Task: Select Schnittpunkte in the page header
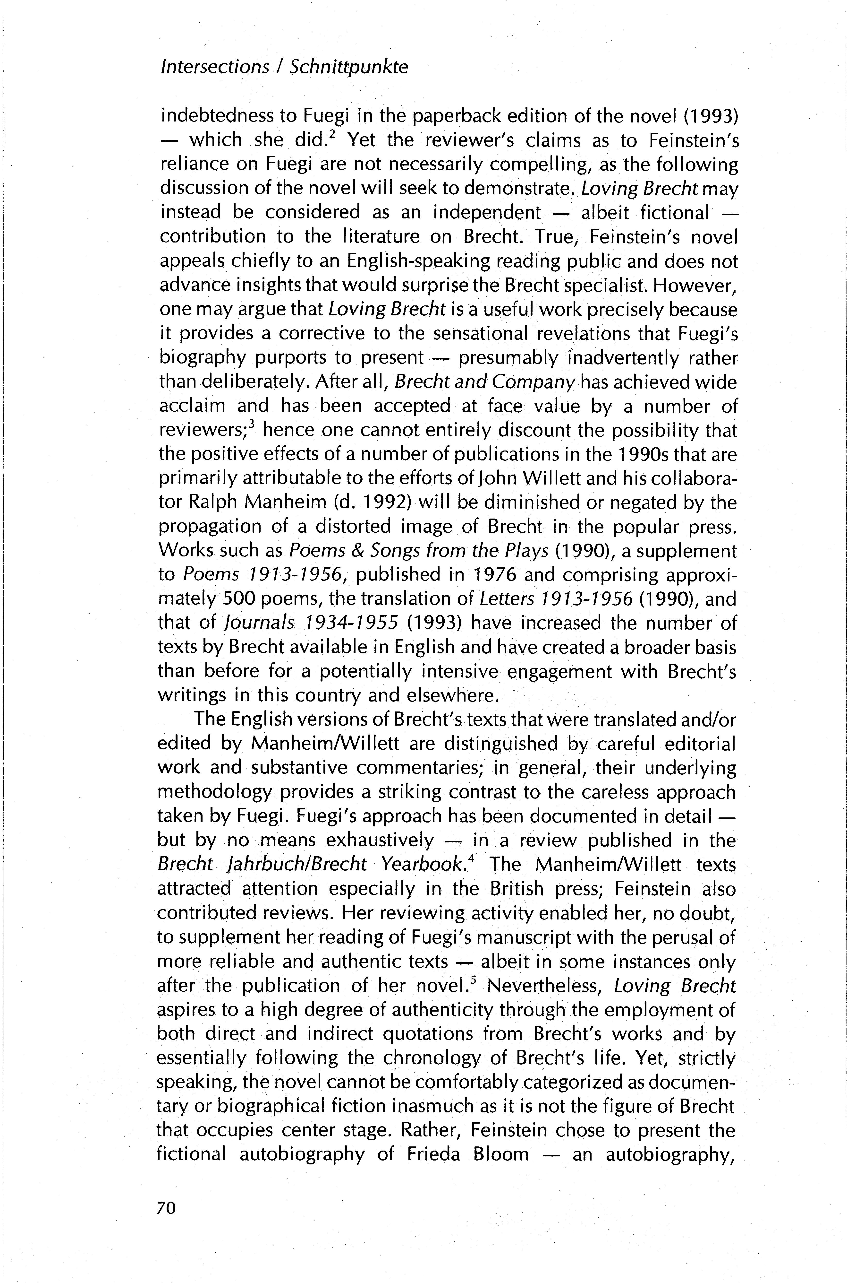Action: tap(349, 67)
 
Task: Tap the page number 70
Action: tap(166, 1219)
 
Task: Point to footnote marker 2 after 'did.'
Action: tap(335, 133)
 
